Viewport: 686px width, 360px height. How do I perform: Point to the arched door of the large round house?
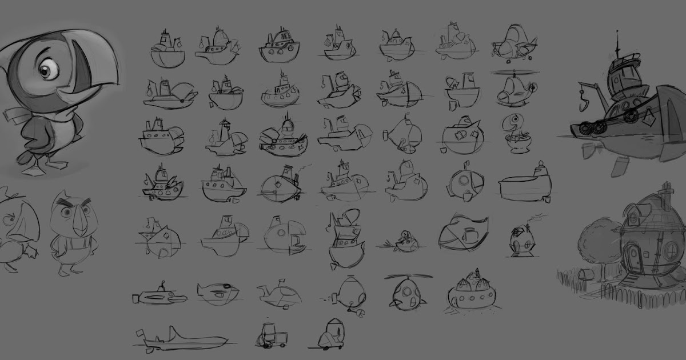coord(635,257)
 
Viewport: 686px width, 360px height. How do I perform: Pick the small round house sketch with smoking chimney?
coord(521,240)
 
